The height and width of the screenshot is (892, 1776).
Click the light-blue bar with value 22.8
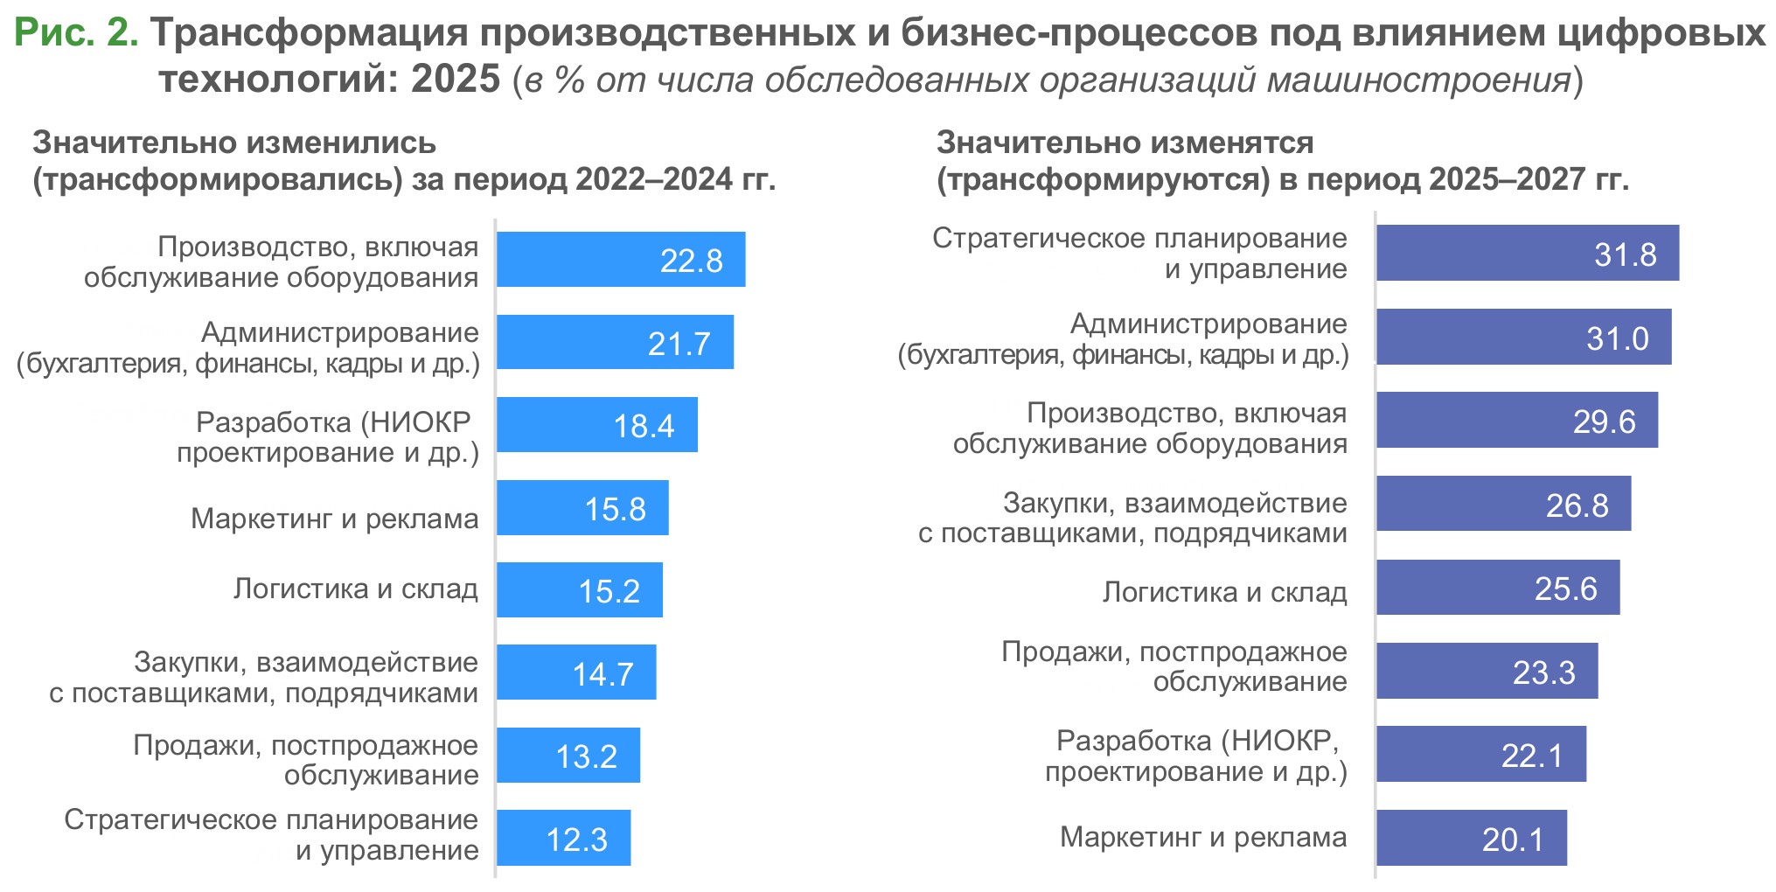[621, 260]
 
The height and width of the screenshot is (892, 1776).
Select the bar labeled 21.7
[615, 342]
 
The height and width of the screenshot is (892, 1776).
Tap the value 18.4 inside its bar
[644, 426]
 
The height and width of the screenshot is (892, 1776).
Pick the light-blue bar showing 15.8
[582, 508]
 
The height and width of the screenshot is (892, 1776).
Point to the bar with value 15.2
[580, 590]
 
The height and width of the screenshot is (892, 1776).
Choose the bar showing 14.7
[576, 672]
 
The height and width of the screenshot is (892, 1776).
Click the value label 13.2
[586, 756]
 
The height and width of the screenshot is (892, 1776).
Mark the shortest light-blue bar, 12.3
[563, 838]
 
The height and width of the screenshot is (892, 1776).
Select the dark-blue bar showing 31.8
[1527, 253]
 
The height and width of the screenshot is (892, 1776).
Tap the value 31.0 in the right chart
[1617, 338]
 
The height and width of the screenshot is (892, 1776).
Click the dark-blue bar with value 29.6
[1516, 421]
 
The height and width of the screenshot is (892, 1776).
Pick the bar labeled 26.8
[1503, 504]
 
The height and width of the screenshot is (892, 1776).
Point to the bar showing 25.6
[1497, 588]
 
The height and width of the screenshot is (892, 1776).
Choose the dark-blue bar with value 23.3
[1487, 672]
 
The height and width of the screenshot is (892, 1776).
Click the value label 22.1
[1532, 755]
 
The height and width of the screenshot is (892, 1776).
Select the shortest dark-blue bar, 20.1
[1471, 838]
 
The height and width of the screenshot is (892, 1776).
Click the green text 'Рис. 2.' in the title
[76, 33]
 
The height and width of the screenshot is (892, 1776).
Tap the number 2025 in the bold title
[455, 80]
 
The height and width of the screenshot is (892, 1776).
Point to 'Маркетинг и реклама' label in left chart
[334, 519]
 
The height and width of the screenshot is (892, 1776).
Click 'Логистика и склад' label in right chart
[1224, 592]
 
